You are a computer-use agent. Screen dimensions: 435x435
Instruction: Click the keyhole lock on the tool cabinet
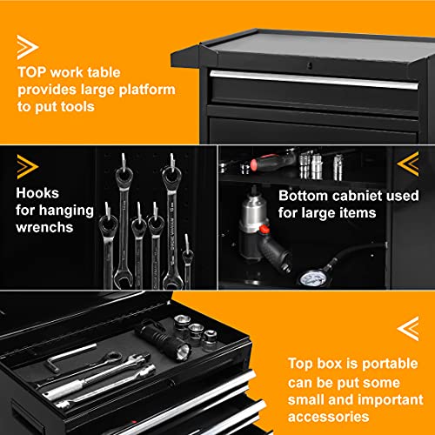click(309, 65)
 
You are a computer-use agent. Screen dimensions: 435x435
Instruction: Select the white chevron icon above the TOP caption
click(27, 46)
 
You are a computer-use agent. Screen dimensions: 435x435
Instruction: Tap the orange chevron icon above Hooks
click(27, 165)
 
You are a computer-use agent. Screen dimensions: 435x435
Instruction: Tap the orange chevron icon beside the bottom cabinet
click(407, 164)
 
